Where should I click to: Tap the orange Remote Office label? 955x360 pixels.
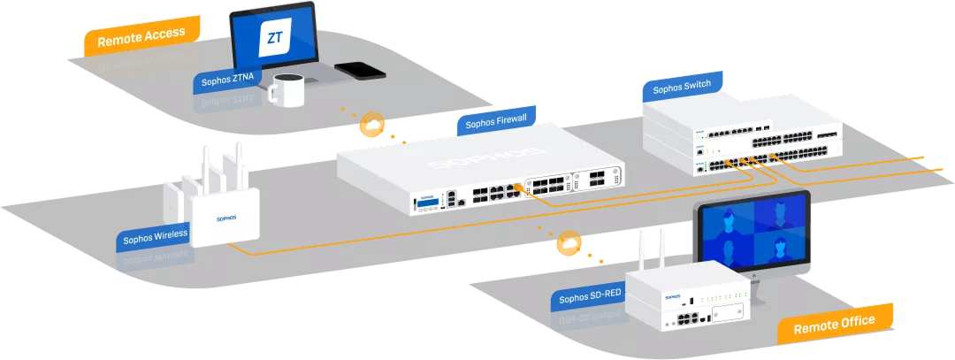pyautogui.click(x=834, y=325)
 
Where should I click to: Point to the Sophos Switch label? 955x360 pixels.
pyautogui.click(x=681, y=88)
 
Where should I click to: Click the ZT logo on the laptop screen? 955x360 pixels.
pyautogui.click(x=274, y=39)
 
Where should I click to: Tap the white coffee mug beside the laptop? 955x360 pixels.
pyautogui.click(x=286, y=90)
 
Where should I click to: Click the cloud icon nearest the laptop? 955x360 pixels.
pyautogui.click(x=371, y=126)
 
